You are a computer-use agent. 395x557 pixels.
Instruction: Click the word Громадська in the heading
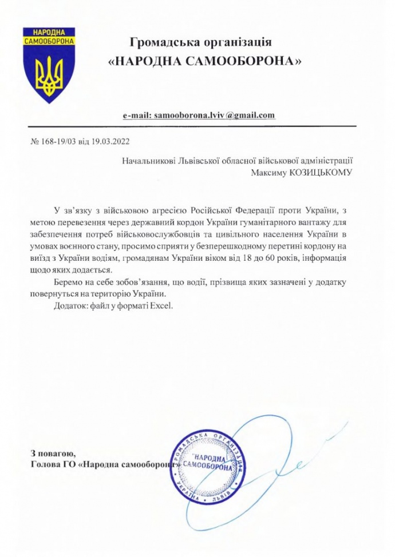[161, 42]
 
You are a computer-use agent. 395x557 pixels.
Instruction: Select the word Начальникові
[150, 161]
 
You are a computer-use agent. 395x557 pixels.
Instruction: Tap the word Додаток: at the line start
[68, 306]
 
